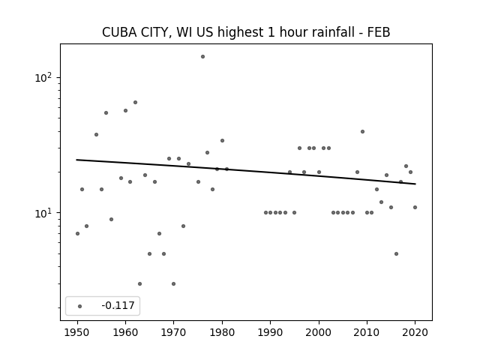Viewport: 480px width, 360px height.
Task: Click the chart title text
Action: pos(246,32)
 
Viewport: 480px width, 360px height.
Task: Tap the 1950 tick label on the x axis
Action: pos(77,332)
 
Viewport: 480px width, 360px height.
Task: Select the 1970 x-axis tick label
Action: pos(173,332)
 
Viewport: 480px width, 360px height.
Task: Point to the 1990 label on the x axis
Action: pos(270,332)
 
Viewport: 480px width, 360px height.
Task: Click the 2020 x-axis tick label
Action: pos(415,332)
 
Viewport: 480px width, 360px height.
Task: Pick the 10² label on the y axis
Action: pos(43,77)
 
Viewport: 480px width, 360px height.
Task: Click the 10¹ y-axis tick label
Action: pos(43,213)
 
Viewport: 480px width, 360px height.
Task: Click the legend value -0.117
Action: pos(118,305)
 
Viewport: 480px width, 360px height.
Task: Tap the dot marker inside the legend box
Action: pos(80,306)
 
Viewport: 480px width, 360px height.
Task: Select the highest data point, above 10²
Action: pos(202,57)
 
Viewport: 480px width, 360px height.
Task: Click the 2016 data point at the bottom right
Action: pos(396,253)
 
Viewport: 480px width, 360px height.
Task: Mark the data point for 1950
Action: pos(77,233)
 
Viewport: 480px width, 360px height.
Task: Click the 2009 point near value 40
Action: pos(362,132)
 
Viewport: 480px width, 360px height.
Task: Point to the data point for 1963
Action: pos(140,283)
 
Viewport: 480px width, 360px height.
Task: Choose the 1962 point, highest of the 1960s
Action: pos(135,102)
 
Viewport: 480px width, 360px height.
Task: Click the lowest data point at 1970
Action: pos(173,283)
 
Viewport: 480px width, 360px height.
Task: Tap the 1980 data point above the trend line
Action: pos(222,140)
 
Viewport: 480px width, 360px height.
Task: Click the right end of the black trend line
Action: pos(415,184)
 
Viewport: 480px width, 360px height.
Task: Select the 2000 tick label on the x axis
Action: pos(319,332)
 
